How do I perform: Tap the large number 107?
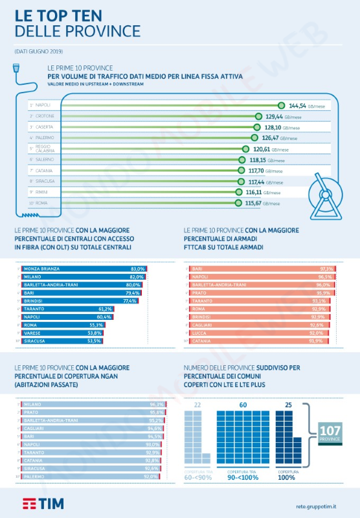(x=333, y=430)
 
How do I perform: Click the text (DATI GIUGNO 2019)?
(x=38, y=51)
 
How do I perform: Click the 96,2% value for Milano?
(x=156, y=404)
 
